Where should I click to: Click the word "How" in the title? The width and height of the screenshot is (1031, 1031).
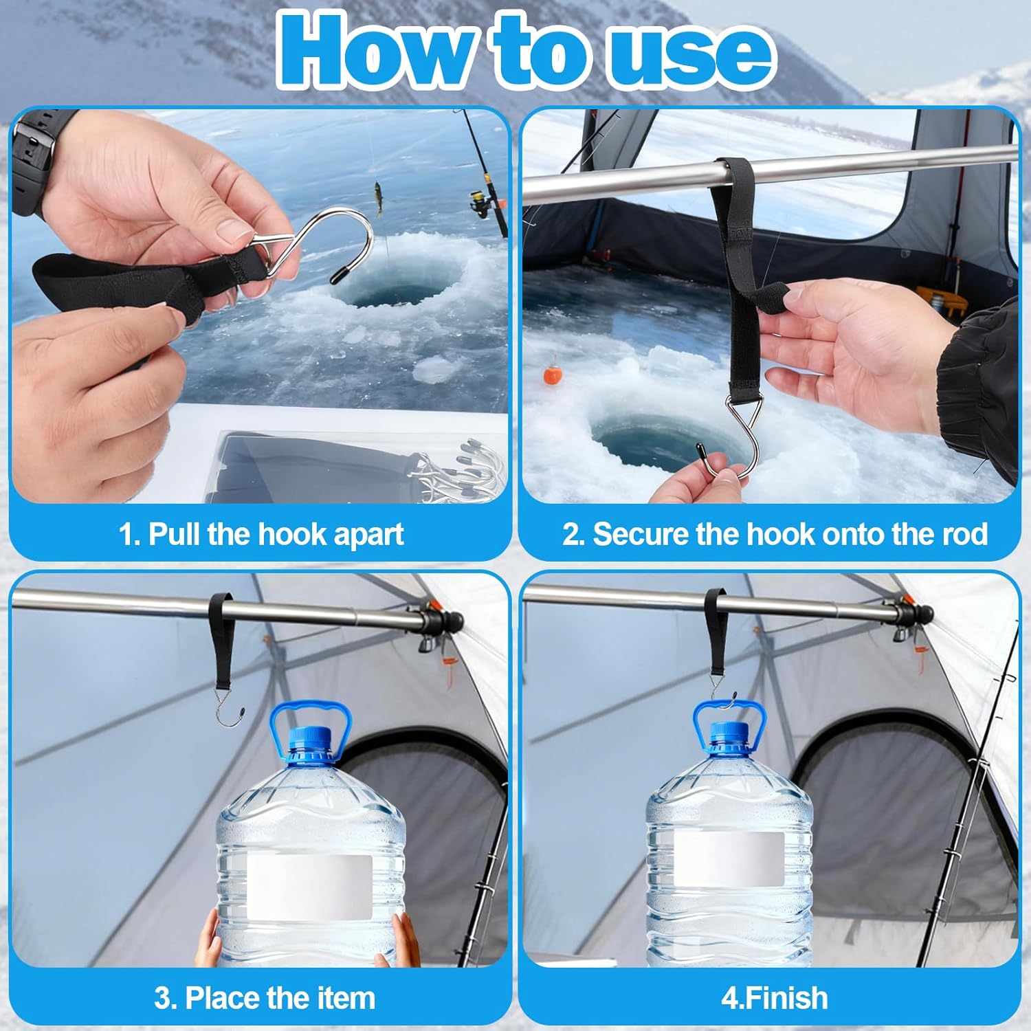tap(375, 52)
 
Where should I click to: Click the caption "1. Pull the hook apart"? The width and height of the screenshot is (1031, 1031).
tap(261, 535)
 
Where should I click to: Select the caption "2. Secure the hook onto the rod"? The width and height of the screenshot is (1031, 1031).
tap(775, 535)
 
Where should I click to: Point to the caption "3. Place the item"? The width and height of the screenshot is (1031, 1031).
tap(265, 998)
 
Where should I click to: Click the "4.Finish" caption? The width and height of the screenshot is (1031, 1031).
tap(775, 998)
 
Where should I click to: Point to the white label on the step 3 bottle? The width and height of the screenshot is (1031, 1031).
tap(309, 887)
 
